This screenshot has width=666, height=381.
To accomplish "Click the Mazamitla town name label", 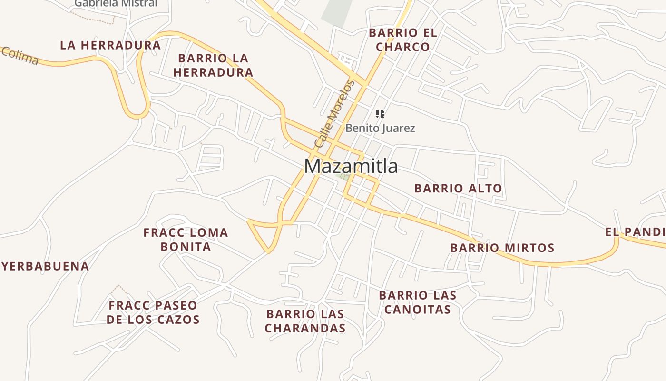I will [x=351, y=166].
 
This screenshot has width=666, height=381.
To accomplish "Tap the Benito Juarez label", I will [x=380, y=128].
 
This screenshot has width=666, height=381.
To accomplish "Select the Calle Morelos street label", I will [x=334, y=114].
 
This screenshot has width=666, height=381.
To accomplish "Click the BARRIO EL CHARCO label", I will [x=403, y=40].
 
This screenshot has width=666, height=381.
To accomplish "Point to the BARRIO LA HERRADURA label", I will [x=213, y=65].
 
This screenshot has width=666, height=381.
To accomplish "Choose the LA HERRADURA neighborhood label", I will [x=110, y=45].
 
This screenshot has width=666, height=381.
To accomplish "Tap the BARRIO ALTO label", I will [x=458, y=188].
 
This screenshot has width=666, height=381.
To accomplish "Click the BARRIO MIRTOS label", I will [x=502, y=248].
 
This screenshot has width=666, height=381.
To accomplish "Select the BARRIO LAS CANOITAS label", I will [x=417, y=302].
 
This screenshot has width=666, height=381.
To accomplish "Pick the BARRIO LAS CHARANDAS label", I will [x=305, y=321].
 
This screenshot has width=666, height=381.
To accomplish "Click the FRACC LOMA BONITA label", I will [x=186, y=240].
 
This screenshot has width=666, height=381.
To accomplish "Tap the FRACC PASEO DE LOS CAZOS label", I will [x=153, y=312].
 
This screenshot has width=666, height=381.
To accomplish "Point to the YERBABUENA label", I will [x=46, y=266].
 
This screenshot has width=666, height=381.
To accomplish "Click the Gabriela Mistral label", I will [x=116, y=3].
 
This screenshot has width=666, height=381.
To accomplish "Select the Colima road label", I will [x=20, y=56].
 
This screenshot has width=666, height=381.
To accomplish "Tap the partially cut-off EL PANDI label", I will [x=636, y=232].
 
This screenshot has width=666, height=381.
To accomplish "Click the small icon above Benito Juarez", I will [x=380, y=113].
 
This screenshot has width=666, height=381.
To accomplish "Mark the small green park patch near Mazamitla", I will [x=342, y=176].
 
